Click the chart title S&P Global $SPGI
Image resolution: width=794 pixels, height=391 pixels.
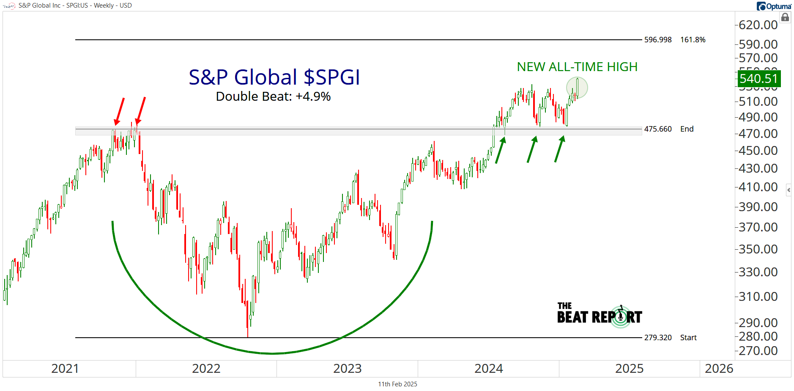click(x=274, y=77)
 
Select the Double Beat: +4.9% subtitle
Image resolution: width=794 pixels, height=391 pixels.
click(x=273, y=96)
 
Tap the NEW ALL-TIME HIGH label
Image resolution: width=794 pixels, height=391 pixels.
click(x=577, y=67)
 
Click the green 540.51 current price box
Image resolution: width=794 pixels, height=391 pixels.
click(x=759, y=79)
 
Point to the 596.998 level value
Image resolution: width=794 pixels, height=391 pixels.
click(x=658, y=40)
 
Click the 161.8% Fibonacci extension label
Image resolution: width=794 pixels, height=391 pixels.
click(x=693, y=40)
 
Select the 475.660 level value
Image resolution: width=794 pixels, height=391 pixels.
click(x=658, y=129)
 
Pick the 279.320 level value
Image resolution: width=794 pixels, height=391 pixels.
click(x=658, y=338)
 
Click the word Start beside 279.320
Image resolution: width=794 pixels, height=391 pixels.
click(x=688, y=338)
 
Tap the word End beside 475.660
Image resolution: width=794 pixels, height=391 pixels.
click(x=687, y=129)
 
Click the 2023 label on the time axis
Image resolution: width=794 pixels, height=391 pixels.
click(x=347, y=369)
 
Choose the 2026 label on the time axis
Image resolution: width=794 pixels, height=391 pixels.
click(x=719, y=369)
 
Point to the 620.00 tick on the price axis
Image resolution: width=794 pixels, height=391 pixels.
click(x=758, y=25)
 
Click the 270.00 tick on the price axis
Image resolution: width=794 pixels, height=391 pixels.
click(x=758, y=351)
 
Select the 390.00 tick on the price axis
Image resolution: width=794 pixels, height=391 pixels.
click(x=758, y=207)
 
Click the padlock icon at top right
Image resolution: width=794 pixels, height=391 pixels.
click(x=785, y=17)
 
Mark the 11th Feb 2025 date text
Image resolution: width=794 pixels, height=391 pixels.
click(x=397, y=384)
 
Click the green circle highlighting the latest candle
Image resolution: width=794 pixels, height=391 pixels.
click(x=577, y=88)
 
